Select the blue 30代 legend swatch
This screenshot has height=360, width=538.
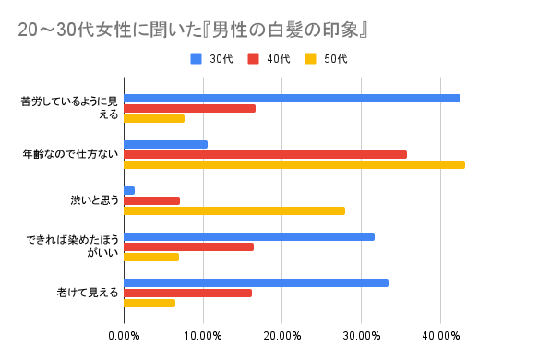[196, 59]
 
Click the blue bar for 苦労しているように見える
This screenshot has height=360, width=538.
[292, 98]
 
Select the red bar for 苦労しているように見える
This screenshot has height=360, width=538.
[189, 108]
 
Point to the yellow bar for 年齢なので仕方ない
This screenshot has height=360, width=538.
[293, 164]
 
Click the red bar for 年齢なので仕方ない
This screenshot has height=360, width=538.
[265, 154]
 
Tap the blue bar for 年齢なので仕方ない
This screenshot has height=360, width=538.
[165, 144]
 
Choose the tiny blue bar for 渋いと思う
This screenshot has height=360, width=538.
[129, 190]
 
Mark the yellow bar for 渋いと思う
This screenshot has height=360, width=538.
[234, 210]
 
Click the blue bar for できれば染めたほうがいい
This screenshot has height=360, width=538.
[249, 236]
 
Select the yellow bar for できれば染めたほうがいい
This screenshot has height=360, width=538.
[151, 257]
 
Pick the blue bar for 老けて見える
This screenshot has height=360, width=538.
[256, 282]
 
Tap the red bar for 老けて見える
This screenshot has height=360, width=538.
[187, 293]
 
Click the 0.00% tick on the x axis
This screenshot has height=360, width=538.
[124, 334]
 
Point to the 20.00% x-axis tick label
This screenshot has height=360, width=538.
[282, 334]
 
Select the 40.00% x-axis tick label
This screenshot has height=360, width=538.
[440, 334]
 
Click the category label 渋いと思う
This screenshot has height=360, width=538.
[95, 200]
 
